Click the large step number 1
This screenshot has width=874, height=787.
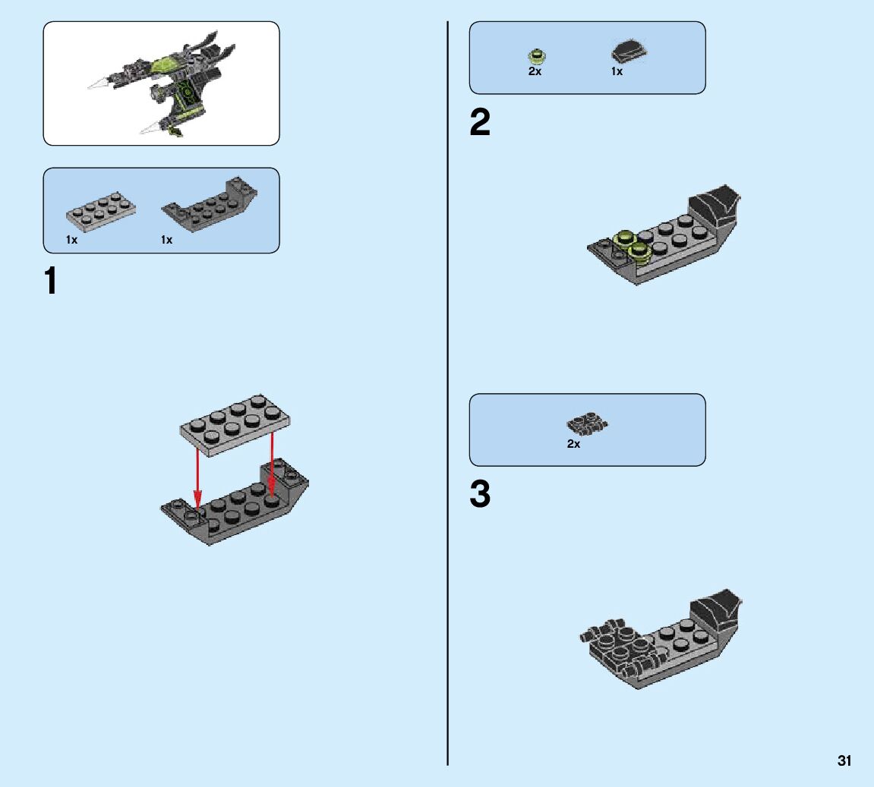(x=51, y=282)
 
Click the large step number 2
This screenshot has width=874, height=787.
(x=480, y=123)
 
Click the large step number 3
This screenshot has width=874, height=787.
(x=480, y=495)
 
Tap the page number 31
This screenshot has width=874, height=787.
(x=844, y=760)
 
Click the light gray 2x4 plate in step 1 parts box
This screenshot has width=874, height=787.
(x=101, y=209)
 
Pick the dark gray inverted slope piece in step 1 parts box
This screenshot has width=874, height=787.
(x=209, y=205)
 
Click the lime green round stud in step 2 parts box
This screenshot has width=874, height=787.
(x=536, y=55)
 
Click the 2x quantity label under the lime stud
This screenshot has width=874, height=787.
(x=535, y=72)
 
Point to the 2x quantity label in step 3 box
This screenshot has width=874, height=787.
(x=573, y=444)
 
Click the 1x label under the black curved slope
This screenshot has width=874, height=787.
(x=617, y=72)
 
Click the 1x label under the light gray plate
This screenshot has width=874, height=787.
(x=71, y=240)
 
